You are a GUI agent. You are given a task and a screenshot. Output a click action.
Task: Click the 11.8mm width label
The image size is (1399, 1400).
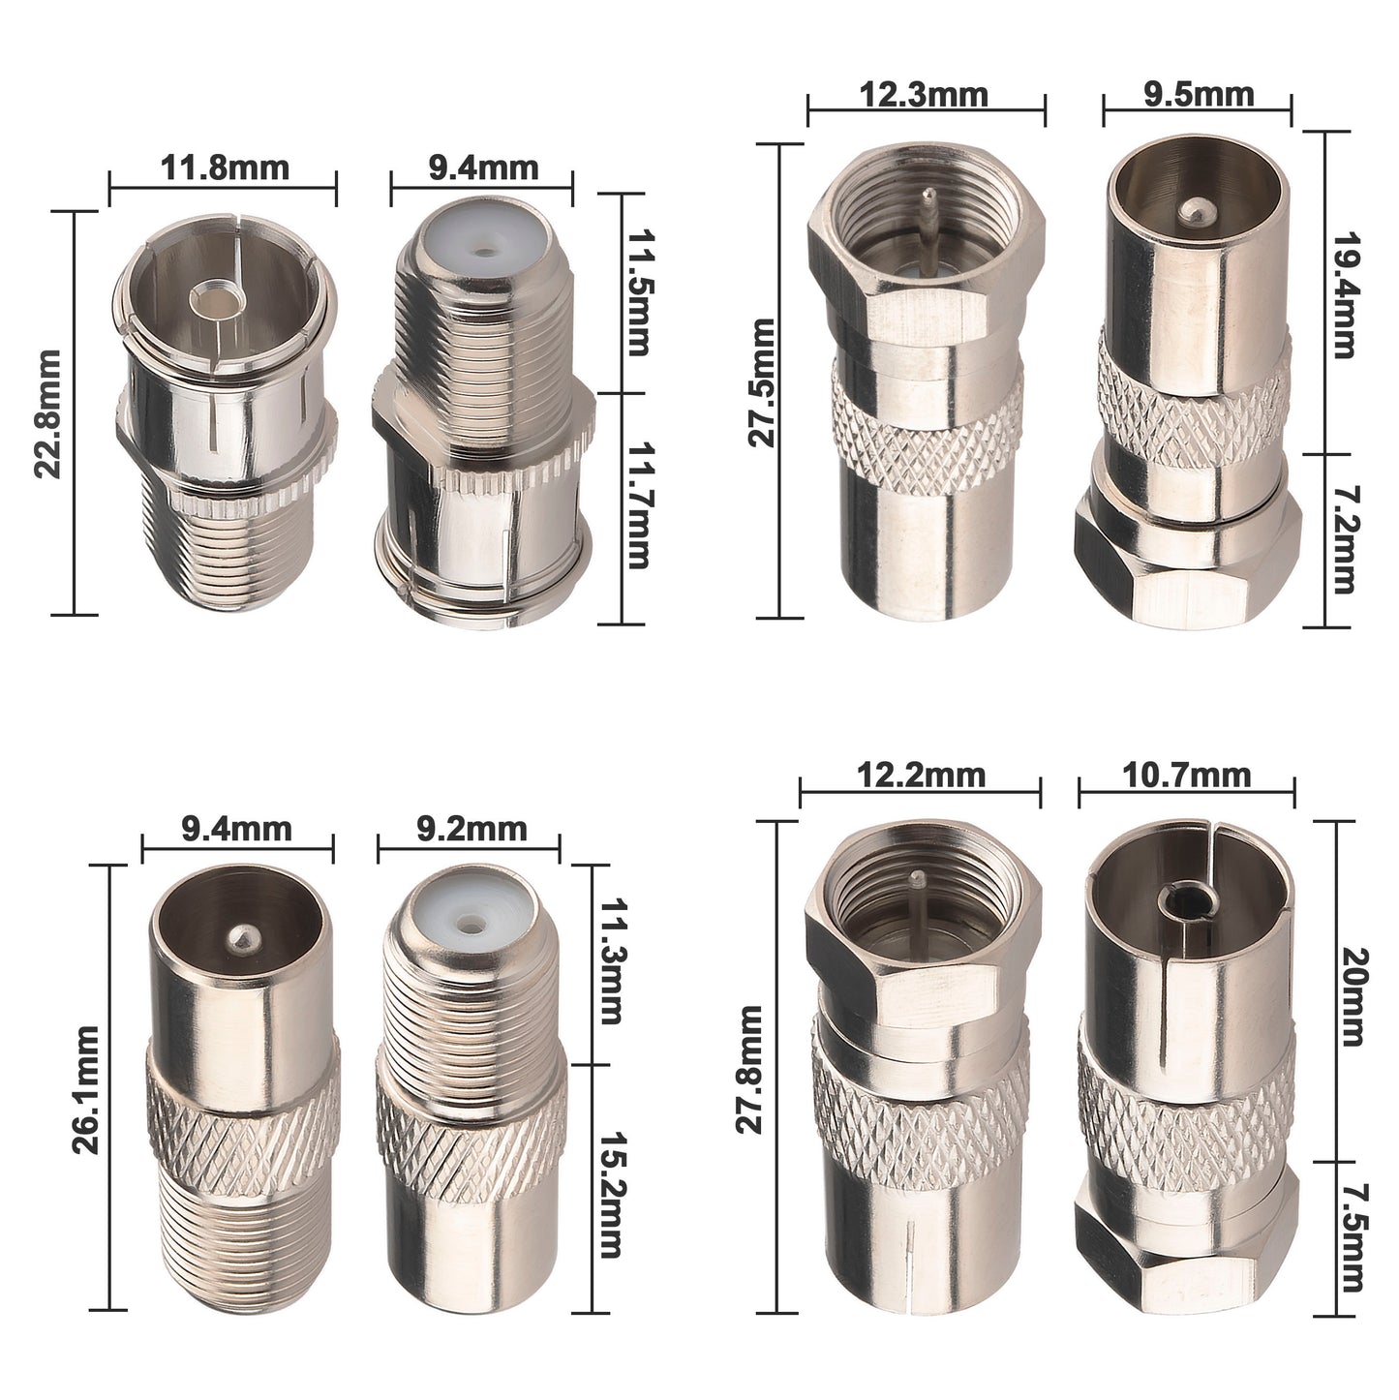coord(225,168)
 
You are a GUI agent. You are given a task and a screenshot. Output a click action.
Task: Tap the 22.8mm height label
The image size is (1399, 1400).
coord(48,413)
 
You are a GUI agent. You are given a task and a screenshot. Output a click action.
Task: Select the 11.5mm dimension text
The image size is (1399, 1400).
coord(637,292)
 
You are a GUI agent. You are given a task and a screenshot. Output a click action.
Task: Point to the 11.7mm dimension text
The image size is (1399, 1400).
coord(637,505)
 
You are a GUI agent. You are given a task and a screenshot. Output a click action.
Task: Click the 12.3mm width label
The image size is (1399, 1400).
coord(924,95)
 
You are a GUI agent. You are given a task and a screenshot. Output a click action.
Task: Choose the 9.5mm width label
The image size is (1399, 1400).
coord(1200,95)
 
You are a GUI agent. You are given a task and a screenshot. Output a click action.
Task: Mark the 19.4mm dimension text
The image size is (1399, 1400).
coord(1344,295)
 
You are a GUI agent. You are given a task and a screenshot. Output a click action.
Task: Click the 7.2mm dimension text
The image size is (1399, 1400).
coord(1344,540)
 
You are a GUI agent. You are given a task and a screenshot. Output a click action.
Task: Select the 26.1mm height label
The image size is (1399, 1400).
coord(86,1090)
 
